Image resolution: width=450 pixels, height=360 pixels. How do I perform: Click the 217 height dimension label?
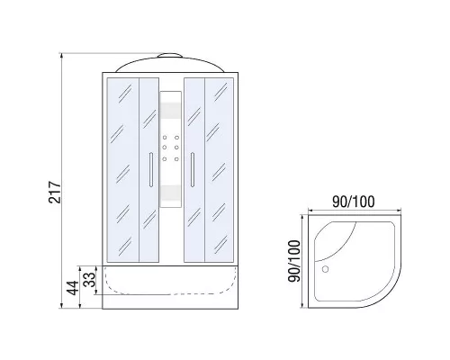click(x=55, y=192)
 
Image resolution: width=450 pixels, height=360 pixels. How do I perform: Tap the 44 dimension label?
click(x=73, y=288)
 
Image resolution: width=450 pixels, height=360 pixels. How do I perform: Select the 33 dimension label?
click(x=89, y=279)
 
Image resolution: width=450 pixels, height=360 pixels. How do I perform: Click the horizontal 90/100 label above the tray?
click(x=354, y=202)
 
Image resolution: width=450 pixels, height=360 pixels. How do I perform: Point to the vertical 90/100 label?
click(x=294, y=261)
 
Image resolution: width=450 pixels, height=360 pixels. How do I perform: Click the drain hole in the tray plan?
click(x=325, y=269)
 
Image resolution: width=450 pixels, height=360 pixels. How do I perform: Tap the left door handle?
click(x=151, y=170)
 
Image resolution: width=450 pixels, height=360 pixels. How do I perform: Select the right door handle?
click(x=193, y=170)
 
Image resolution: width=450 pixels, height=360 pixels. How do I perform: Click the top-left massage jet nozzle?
click(x=165, y=138)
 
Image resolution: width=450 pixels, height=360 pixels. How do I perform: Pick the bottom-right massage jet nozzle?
click(x=176, y=159)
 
